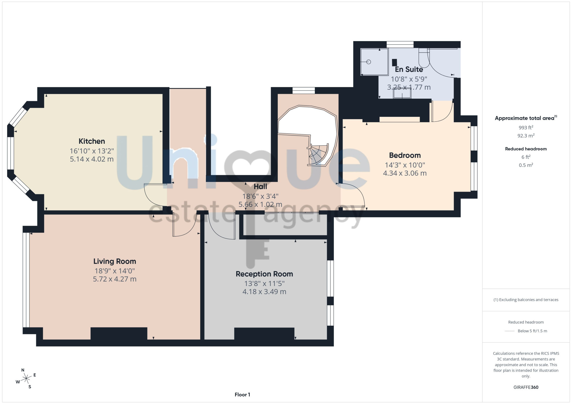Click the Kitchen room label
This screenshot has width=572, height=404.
tap(92, 141)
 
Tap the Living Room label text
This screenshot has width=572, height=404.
tap(115, 261)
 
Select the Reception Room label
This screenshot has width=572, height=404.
tap(264, 274)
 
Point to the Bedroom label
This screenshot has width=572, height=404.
tap(405, 155)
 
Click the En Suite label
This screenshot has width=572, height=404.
tap(409, 69)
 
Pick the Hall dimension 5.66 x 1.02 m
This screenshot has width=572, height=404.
tap(260, 205)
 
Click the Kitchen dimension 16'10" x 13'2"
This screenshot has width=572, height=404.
tap(92, 151)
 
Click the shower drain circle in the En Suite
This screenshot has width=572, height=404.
tap(369, 62)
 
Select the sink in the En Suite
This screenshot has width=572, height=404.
tap(402, 93)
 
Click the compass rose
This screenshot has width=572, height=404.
tap(26, 379)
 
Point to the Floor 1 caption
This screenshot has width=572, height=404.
tap(242, 395)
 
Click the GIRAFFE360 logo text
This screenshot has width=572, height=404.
tap(526, 387)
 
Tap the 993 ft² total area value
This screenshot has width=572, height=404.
tap(526, 127)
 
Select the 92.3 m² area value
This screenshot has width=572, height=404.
tap(526, 135)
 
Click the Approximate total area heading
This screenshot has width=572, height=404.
tap(526, 118)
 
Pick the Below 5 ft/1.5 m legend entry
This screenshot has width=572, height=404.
tap(532, 331)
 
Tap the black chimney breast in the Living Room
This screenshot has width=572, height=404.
tap(119, 333)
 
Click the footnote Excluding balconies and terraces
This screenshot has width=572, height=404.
tap(526, 300)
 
